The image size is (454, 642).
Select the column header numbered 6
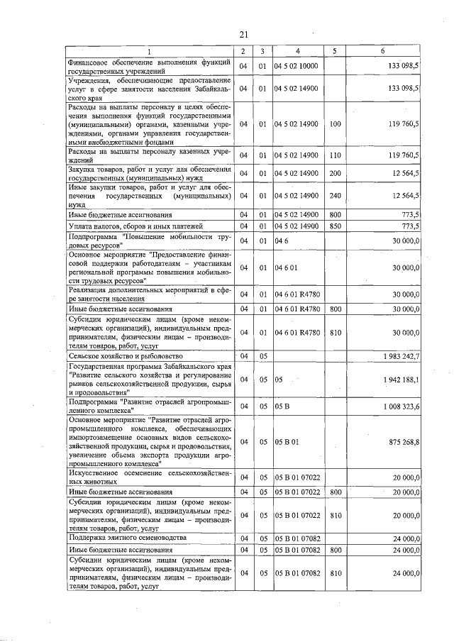[x=382, y=51]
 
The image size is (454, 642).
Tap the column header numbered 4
[x=297, y=51]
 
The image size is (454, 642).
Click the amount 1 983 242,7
[x=402, y=355]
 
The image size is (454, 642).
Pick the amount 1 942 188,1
[x=402, y=380]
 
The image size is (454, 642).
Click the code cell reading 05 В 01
[x=287, y=441]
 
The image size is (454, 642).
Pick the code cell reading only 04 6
[x=282, y=241]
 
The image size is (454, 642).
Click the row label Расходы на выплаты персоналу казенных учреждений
[x=149, y=155]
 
